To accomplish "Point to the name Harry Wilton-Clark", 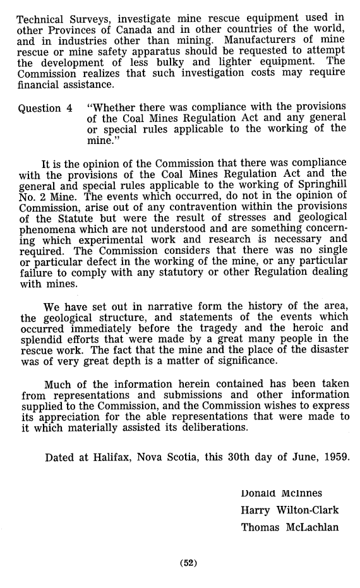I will [x=290, y=510].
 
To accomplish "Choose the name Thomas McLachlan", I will [x=290, y=527].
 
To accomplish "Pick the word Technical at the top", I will [x=41, y=17].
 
